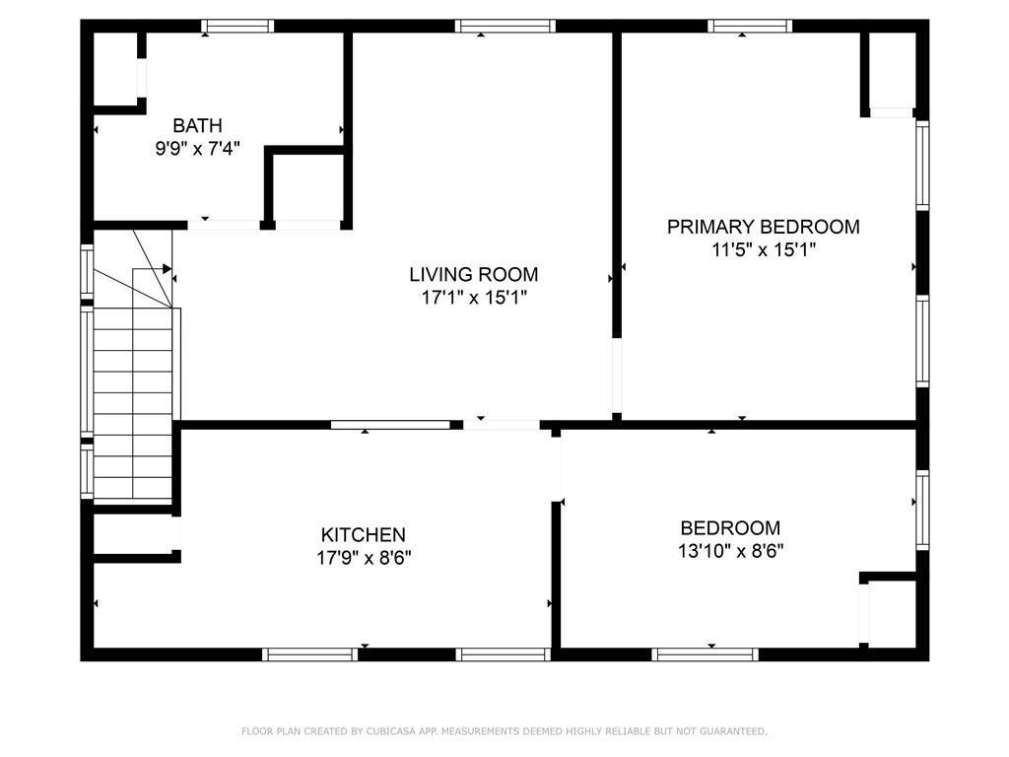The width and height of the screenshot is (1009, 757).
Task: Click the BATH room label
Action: [197, 125]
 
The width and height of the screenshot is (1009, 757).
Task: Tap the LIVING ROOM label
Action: [474, 274]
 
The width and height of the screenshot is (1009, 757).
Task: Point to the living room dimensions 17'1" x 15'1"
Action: [474, 297]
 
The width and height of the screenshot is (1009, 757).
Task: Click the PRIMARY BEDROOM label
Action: [763, 227]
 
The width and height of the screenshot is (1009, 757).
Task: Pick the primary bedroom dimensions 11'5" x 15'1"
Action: [763, 249]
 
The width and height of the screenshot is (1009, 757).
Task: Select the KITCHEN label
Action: [363, 534]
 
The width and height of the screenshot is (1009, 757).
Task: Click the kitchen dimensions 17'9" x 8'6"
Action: [363, 557]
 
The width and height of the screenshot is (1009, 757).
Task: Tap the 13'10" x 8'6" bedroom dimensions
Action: [730, 550]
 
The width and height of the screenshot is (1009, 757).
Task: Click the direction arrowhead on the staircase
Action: [167, 268]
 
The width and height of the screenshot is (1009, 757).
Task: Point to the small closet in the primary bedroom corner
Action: [892, 71]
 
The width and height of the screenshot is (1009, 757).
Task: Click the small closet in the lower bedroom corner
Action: [892, 614]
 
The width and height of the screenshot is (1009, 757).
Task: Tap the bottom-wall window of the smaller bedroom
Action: [705, 654]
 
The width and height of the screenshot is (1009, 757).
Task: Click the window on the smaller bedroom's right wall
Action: [922, 510]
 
